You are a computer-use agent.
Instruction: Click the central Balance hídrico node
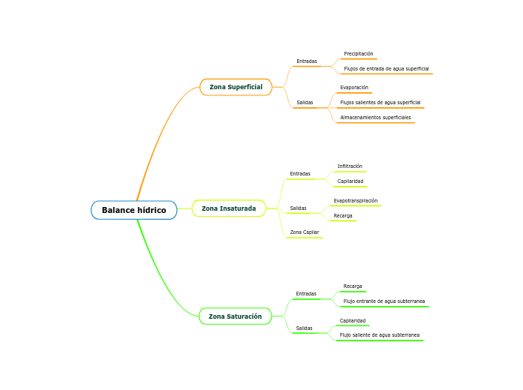pyautogui.click(x=134, y=210)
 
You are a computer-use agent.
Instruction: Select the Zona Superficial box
pyautogui.click(x=236, y=87)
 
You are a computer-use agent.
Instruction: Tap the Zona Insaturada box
pyautogui.click(x=229, y=208)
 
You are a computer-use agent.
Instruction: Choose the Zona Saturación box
pyautogui.click(x=235, y=316)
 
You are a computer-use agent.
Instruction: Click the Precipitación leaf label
pyautogui.click(x=358, y=54)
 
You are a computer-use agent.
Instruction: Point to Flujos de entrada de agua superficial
pyautogui.click(x=386, y=69)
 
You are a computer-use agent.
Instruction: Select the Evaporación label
pyautogui.click(x=354, y=88)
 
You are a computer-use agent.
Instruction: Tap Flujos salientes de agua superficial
pyautogui.click(x=380, y=103)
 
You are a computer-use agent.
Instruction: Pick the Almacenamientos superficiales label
pyautogui.click(x=375, y=118)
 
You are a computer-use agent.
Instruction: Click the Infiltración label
pyautogui.click(x=350, y=166)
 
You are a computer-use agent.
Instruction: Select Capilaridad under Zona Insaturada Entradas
pyautogui.click(x=350, y=181)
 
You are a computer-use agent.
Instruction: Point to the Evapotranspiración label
pyautogui.click(x=356, y=201)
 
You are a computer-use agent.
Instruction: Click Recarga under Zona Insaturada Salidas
pyautogui.click(x=343, y=216)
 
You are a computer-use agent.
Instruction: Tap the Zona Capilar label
pyautogui.click(x=304, y=232)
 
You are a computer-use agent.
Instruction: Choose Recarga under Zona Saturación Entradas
pyautogui.click(x=353, y=286)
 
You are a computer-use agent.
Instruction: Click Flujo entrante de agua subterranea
pyautogui.click(x=384, y=301)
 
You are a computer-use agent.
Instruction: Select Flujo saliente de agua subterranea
pyautogui.click(x=380, y=335)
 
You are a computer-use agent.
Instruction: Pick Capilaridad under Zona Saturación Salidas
pyautogui.click(x=353, y=321)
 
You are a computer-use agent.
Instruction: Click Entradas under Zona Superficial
pyautogui.click(x=306, y=61)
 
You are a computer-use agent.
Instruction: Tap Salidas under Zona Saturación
pyautogui.click(x=304, y=328)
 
